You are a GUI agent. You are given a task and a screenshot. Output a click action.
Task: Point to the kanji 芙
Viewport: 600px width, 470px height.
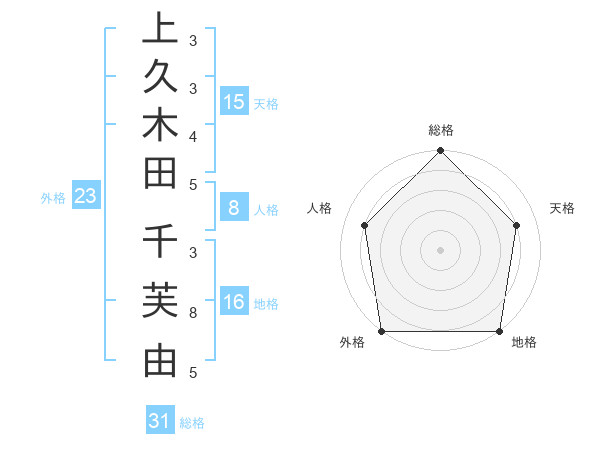pos(161,301)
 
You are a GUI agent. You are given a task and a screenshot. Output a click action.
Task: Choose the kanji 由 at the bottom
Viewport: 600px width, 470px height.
pos(161,359)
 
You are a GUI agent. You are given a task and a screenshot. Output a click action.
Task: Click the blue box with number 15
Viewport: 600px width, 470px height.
pos(234,102)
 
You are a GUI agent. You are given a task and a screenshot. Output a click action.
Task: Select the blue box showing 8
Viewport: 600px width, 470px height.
pos(234,209)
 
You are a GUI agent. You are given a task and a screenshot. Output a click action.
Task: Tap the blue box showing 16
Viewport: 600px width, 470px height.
pos(234,303)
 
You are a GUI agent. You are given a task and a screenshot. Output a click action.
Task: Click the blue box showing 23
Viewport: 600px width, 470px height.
pos(86,197)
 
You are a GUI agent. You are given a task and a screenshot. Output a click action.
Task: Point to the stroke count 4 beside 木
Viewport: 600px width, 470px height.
pos(193,135)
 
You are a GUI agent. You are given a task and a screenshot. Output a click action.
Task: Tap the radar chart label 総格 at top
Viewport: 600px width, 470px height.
pos(441,130)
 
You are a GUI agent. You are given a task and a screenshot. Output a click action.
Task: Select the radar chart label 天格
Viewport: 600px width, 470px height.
pos(563,208)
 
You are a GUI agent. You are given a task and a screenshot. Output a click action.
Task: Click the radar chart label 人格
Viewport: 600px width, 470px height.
pos(320,208)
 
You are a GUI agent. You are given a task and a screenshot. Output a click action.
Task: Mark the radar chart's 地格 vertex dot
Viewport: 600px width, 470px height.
pos(500,331)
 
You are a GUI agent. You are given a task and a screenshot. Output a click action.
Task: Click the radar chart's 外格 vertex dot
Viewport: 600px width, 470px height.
pos(382,331)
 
